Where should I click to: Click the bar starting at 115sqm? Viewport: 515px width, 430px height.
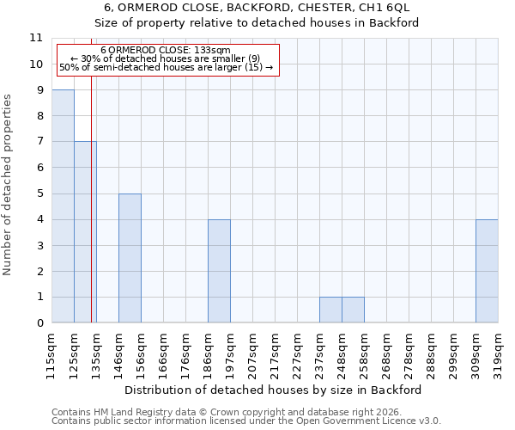[63, 206]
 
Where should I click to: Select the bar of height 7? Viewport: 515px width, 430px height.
[85, 232]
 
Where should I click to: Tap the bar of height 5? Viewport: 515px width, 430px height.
[130, 258]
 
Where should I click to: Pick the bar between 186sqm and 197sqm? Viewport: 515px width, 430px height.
[219, 271]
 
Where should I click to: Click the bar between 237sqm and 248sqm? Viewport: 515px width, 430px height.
[330, 310]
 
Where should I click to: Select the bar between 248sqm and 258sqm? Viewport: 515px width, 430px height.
[353, 310]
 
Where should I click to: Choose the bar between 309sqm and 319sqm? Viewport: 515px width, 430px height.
[487, 271]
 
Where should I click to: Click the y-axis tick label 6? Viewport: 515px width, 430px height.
[39, 168]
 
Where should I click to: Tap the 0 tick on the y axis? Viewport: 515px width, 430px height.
[39, 323]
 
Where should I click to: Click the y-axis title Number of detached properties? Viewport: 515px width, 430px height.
[9, 185]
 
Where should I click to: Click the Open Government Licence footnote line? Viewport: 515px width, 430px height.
[246, 421]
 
